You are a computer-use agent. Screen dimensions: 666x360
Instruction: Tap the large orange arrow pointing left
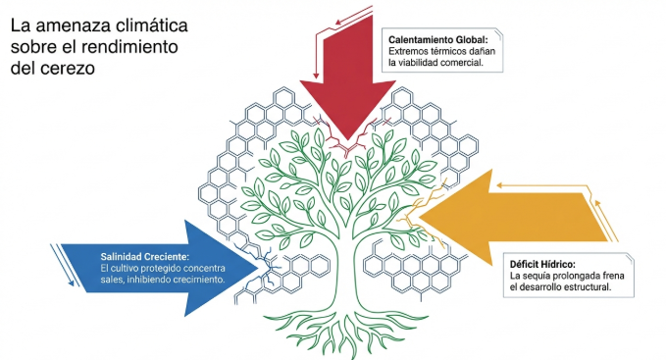point(510,217)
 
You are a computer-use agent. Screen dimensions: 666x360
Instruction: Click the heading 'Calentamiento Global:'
point(438,40)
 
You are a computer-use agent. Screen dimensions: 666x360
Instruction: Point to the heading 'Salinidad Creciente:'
point(145,256)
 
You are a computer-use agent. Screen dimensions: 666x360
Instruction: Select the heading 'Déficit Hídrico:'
point(542,264)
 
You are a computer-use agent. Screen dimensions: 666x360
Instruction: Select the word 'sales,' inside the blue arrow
point(112,280)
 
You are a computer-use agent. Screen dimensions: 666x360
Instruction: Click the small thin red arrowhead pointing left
point(337,22)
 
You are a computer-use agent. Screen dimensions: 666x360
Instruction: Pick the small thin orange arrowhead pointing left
point(499,185)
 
